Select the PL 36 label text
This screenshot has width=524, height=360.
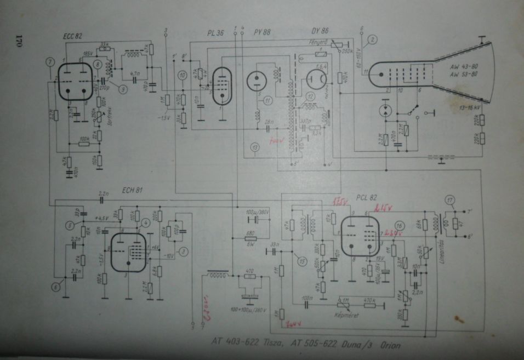click(x=216, y=35)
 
